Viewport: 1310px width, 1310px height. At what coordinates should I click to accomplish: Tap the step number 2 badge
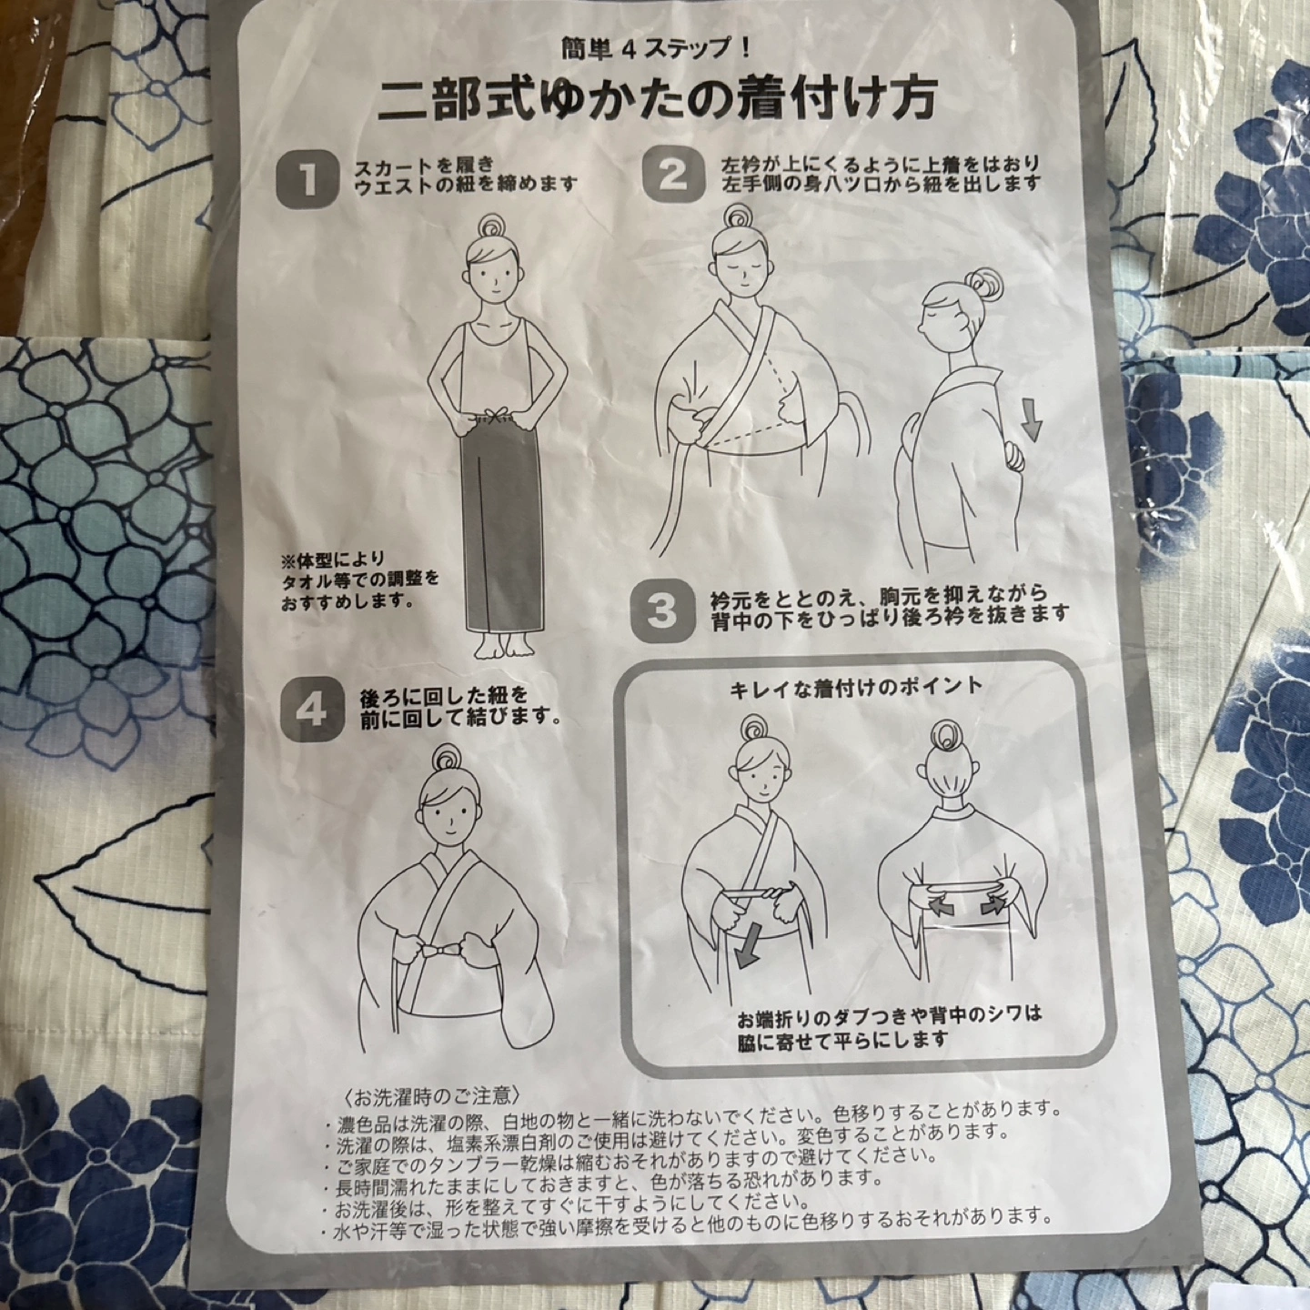[673, 176]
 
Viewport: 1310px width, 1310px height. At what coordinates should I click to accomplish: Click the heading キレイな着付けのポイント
[856, 685]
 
